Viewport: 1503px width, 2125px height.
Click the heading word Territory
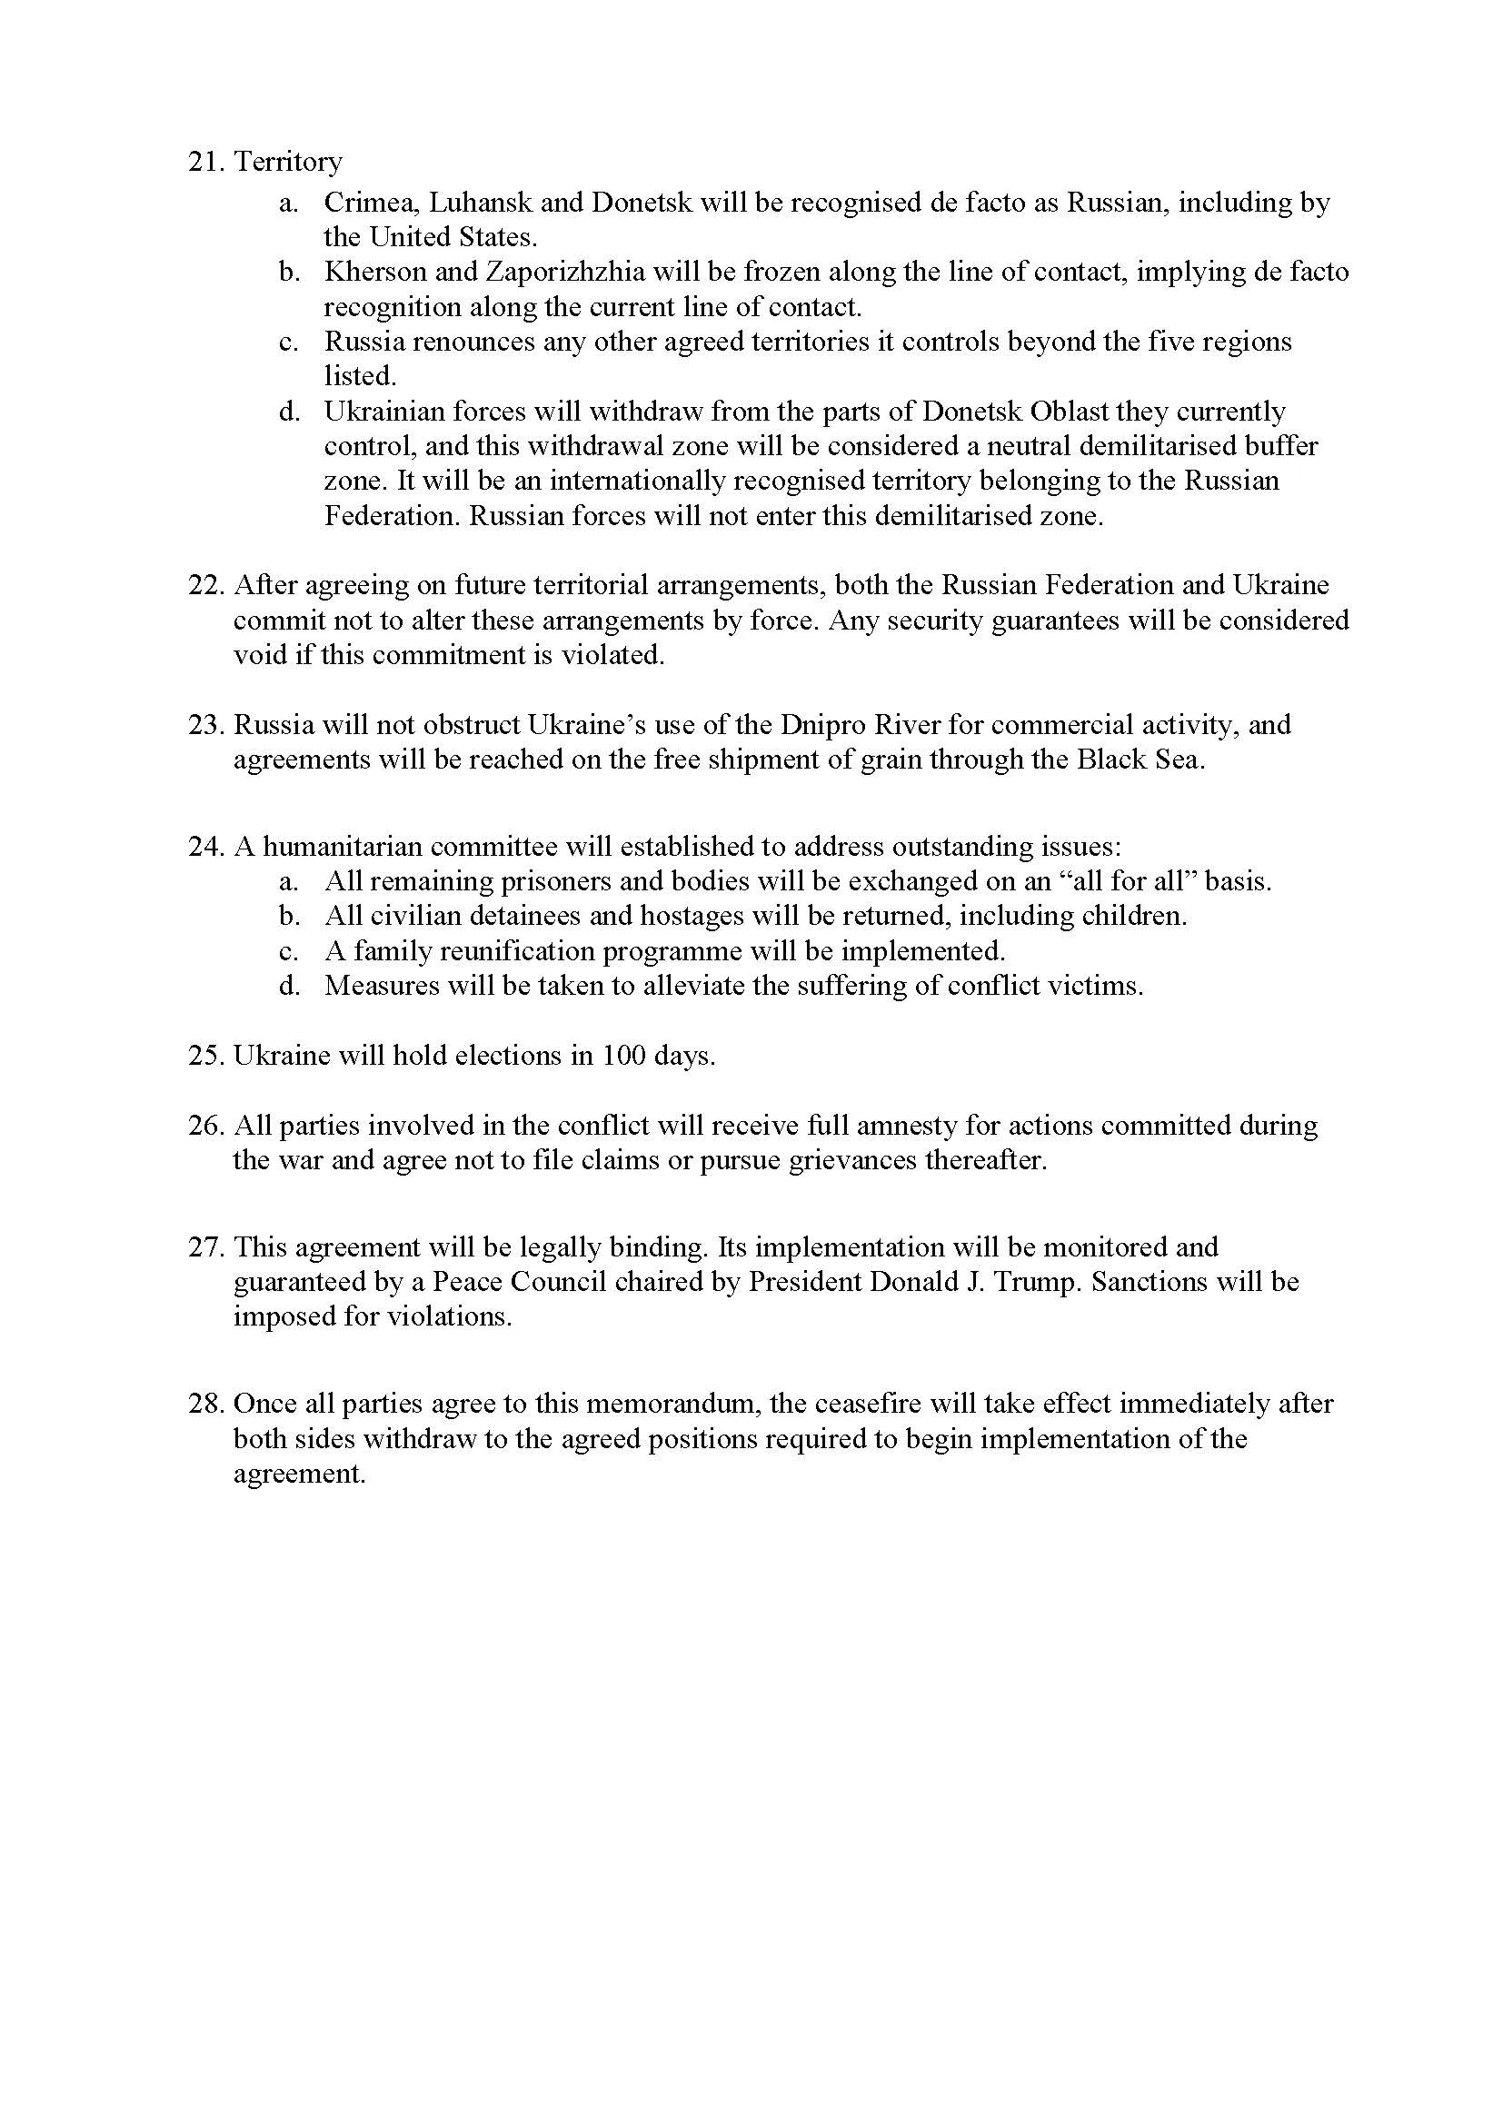coord(288,162)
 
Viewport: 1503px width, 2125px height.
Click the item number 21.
coord(206,162)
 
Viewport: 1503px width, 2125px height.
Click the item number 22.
coord(206,586)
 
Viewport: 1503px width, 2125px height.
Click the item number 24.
coord(206,847)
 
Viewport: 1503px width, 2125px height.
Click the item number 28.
coord(206,1404)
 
